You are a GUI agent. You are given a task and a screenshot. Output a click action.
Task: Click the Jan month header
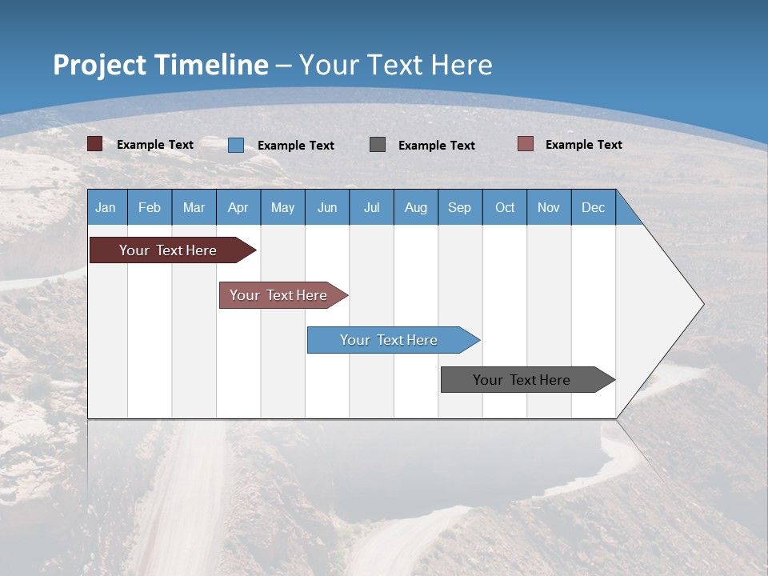click(106, 207)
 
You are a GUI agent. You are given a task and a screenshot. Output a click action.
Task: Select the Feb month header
click(150, 207)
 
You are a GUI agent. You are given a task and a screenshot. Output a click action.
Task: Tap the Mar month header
click(194, 207)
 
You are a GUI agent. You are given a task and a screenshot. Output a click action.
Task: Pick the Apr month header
click(238, 207)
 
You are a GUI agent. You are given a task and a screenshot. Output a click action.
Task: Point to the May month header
click(282, 207)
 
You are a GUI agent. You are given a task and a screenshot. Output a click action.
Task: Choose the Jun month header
click(327, 207)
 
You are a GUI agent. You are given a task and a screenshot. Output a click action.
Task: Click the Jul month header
click(371, 207)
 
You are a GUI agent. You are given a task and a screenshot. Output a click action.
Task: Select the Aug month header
click(416, 207)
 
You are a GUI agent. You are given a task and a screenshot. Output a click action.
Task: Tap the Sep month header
click(460, 207)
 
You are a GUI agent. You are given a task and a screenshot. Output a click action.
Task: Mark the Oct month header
click(505, 207)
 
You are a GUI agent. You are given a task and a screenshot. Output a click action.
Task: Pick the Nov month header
click(549, 207)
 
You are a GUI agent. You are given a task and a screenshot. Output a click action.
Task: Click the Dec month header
click(594, 207)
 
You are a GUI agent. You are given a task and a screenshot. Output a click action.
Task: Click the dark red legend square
click(95, 144)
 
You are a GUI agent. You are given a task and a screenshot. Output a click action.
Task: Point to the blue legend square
click(236, 145)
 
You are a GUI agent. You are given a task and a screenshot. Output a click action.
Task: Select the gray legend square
click(378, 144)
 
